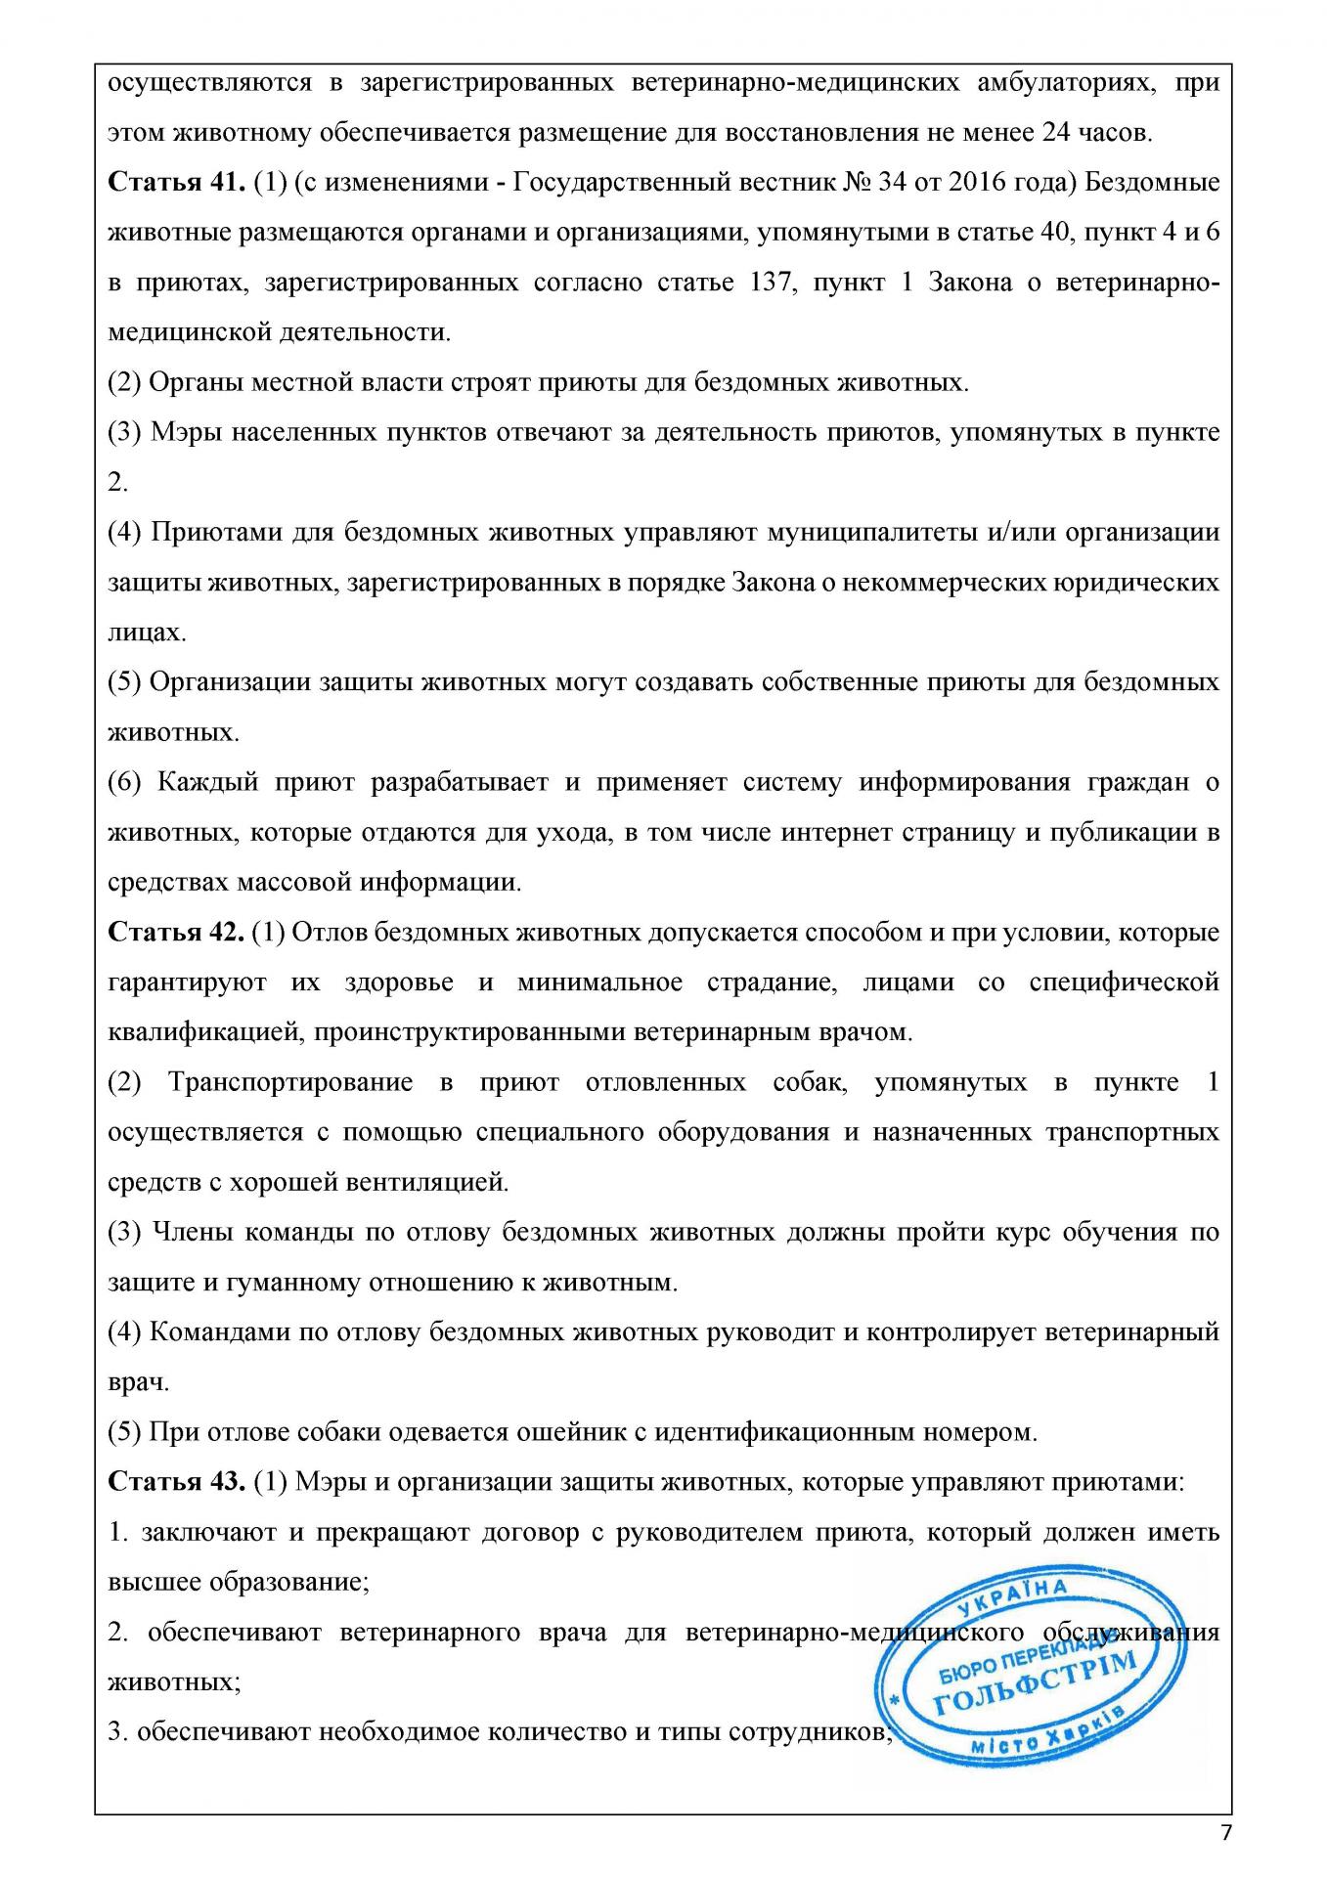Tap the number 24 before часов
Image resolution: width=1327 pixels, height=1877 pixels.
pyautogui.click(x=1059, y=133)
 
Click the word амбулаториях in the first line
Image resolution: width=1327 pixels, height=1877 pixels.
pyautogui.click(x=1062, y=83)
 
